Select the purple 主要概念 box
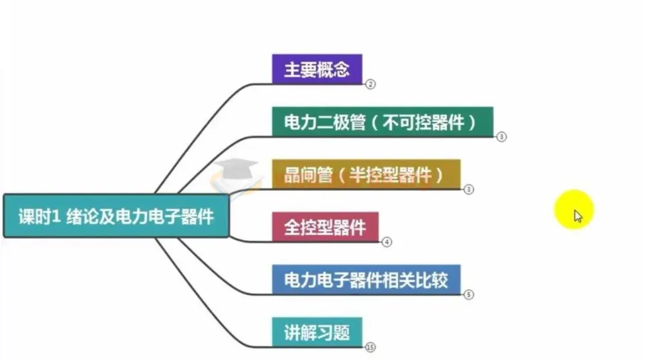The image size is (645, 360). click(317, 69)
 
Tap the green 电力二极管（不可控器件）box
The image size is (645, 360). click(382, 122)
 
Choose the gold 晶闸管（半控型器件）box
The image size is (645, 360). click(366, 174)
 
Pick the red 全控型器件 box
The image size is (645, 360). click(325, 226)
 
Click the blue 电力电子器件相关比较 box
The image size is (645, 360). click(366, 279)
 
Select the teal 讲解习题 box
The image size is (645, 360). click(317, 332)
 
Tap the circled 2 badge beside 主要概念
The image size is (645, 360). click(370, 84)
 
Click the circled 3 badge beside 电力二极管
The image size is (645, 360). click(502, 137)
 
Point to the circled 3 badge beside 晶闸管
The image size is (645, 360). click(469, 190)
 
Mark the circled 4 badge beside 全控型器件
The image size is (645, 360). click(387, 242)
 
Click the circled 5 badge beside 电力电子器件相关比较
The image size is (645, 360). click(469, 295)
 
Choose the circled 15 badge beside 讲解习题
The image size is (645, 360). click(370, 347)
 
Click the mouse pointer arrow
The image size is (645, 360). click(577, 215)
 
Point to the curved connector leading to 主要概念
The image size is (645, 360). click(213, 110)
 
